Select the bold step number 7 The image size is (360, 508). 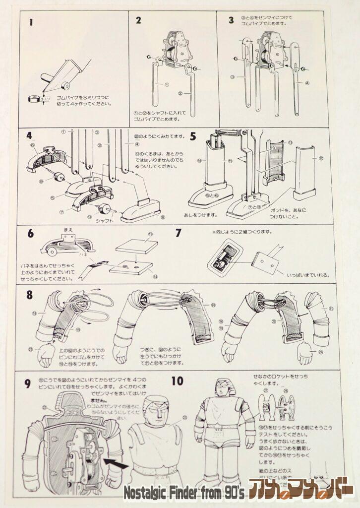179,233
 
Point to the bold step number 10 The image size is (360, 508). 178,381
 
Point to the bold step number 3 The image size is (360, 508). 231,20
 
